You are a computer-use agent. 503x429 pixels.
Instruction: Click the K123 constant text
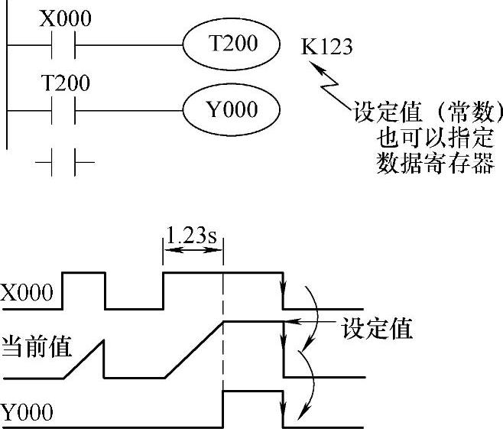pyautogui.click(x=327, y=47)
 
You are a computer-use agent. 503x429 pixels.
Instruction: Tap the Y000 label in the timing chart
pyautogui.click(x=28, y=414)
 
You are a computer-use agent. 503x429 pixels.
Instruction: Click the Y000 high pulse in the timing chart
pyautogui.click(x=252, y=392)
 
